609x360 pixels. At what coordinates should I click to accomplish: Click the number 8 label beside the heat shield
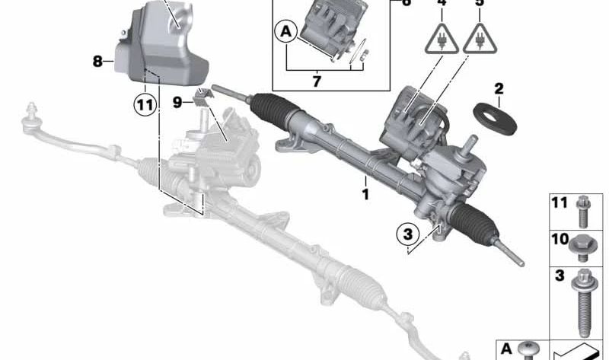97,61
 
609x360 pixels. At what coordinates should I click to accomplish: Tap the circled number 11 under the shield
145,105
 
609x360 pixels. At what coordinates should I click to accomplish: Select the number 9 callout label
177,103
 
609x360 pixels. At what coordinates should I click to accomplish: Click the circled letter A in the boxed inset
286,32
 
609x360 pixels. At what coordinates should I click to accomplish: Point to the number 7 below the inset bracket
317,81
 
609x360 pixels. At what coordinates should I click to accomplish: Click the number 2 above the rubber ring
499,89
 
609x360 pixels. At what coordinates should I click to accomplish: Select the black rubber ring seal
495,119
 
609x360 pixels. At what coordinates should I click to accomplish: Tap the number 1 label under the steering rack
365,194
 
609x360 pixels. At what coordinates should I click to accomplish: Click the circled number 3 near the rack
408,234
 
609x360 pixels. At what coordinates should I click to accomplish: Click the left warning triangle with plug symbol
442,39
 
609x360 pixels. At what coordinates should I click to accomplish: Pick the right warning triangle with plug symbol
480,39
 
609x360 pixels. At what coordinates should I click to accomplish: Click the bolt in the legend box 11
583,212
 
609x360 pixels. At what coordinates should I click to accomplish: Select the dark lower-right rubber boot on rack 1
473,221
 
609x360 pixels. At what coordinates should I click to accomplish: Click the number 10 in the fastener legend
560,239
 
